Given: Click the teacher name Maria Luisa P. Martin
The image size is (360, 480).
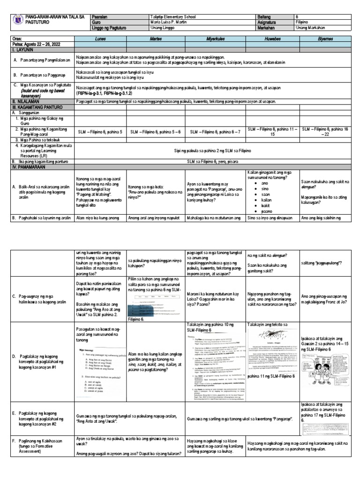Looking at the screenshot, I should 167,22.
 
